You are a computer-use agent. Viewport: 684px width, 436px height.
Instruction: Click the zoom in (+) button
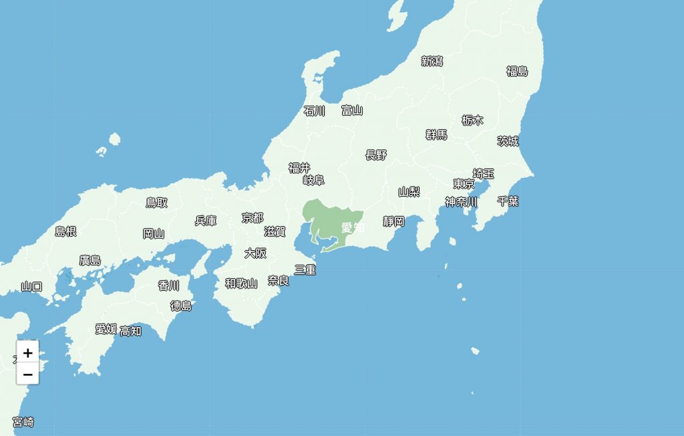pos(27,352)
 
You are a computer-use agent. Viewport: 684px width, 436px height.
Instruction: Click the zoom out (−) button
pos(27,374)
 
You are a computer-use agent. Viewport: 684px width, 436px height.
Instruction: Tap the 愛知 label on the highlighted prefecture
pos(352,227)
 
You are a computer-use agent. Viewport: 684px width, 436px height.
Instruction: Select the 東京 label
pos(464,184)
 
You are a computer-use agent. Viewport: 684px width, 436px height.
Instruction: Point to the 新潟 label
pos(432,62)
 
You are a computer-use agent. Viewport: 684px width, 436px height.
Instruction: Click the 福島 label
pos(517,72)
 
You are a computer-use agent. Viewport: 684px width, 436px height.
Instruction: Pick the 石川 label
pos(314,111)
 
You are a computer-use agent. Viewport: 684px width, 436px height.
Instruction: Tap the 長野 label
pos(376,155)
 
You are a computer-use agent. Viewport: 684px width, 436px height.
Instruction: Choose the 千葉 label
pos(508,201)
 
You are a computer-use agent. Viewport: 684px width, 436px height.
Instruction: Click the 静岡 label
pos(394,221)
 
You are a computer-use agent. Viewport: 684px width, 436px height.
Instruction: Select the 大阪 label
pos(255,253)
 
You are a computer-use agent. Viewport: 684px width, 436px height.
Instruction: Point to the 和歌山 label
pos(241,284)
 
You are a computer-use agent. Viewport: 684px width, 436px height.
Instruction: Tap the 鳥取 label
pos(157,203)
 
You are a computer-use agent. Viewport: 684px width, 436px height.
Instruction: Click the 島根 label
pos(65,232)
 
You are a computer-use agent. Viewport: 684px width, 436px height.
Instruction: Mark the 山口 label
pos(31,287)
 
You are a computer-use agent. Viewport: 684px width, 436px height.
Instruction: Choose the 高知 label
pos(130,330)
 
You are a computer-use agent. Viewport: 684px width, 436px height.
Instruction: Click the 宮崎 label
pos(23,423)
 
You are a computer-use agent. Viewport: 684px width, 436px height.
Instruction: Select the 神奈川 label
pos(462,201)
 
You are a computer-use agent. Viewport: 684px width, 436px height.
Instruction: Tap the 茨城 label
pos(508,141)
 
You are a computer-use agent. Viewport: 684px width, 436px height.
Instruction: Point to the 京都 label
pos(252,218)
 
